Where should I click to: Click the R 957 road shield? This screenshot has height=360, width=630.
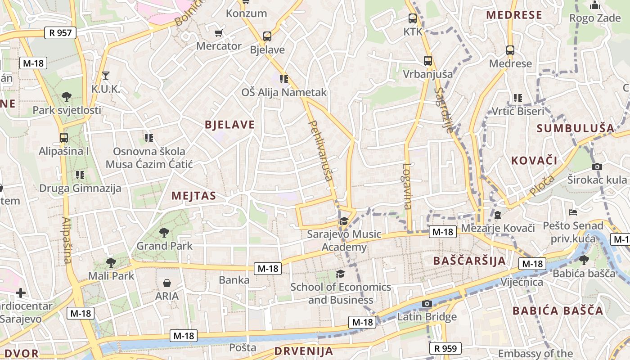click(x=60, y=32)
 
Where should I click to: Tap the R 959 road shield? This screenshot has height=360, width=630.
click(x=445, y=348)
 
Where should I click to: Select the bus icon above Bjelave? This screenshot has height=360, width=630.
click(x=267, y=36)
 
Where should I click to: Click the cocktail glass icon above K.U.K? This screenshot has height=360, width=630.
click(x=106, y=75)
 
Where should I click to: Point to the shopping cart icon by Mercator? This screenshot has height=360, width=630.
click(x=219, y=33)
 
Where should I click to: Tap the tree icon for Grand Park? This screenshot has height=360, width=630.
click(x=164, y=233)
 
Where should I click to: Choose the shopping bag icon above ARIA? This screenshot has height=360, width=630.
click(x=167, y=283)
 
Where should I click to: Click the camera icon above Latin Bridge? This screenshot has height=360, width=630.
click(x=427, y=304)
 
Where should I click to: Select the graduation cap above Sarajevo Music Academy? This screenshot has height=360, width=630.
click(x=344, y=221)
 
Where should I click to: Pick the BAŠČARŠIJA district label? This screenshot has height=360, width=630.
click(x=469, y=261)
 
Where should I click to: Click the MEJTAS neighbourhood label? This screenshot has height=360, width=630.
click(x=194, y=196)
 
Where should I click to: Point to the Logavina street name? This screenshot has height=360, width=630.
click(x=407, y=186)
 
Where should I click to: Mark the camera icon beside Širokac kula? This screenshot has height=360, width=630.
click(x=597, y=166)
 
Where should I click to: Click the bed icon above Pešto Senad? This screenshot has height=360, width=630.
click(x=573, y=212)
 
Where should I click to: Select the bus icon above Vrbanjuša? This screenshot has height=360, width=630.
click(x=428, y=60)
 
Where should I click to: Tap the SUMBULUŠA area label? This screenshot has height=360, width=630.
click(x=576, y=128)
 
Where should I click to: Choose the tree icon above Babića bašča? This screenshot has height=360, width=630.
click(x=584, y=260)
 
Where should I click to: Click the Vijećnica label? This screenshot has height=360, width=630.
click(x=522, y=282)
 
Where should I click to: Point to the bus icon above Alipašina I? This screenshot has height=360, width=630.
click(x=64, y=138)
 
